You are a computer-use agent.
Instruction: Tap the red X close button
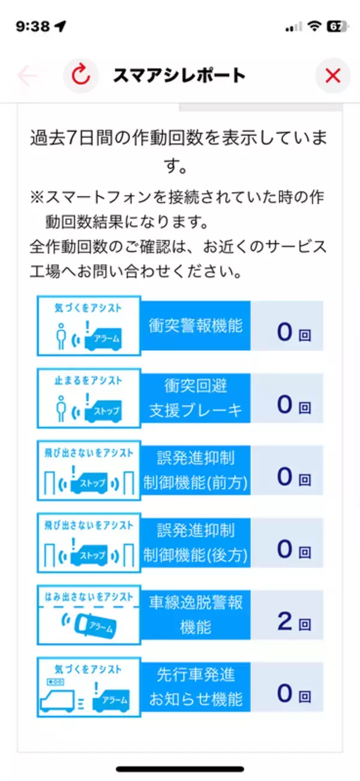coord(332,76)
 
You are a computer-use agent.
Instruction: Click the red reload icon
coord(81,76)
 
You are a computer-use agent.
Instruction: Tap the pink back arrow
coord(28,76)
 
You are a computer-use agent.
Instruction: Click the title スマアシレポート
coord(179,76)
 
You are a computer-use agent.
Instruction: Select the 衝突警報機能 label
coord(196,325)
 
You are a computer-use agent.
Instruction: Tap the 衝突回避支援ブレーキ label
coord(196,398)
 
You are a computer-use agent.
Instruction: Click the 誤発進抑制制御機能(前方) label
coord(196,471)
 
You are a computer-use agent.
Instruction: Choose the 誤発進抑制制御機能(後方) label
coord(196,543)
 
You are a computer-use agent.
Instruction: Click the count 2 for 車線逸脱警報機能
coord(284,621)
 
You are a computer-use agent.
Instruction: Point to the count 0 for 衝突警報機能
coord(284,332)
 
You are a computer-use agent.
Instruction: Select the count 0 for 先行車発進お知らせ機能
coord(284,694)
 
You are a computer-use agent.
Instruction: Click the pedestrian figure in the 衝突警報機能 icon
coord(59,336)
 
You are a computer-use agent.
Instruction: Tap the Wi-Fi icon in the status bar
coord(313,27)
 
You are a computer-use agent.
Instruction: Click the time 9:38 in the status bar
coord(32,27)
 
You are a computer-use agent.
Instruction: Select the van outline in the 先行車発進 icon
coord(58,699)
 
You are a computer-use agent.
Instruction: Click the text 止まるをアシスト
coord(88,381)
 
